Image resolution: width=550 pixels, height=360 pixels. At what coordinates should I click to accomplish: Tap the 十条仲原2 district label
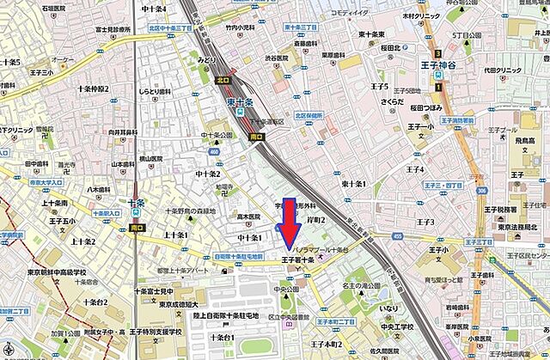tap(94, 88)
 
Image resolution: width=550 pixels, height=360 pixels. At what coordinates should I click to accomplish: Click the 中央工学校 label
tap(395, 327)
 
